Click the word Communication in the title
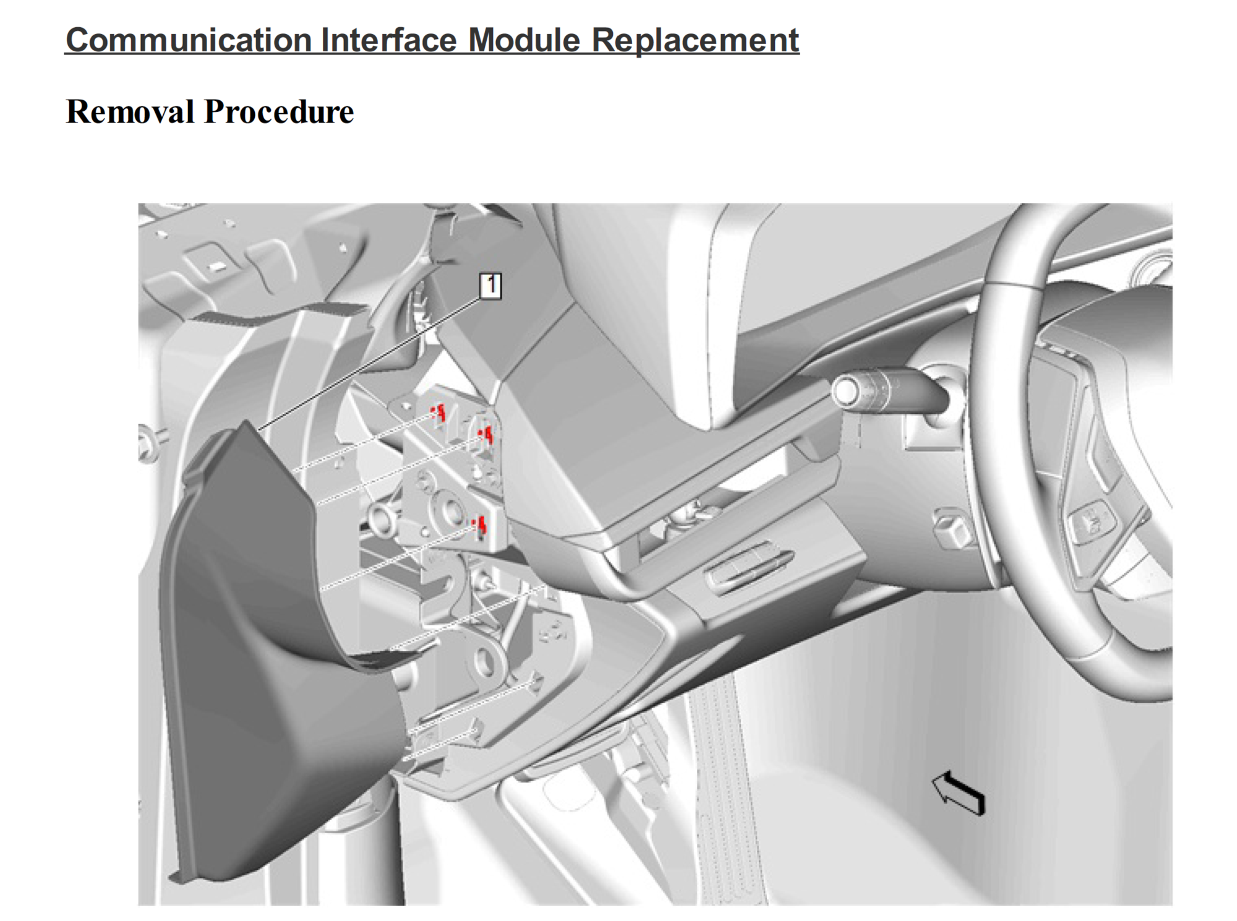pyautogui.click(x=189, y=40)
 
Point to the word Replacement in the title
pyautogui.click(x=695, y=40)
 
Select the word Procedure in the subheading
pyautogui.click(x=279, y=112)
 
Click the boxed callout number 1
pyautogui.click(x=490, y=286)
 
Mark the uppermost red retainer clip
pyautogui.click(x=440, y=413)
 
